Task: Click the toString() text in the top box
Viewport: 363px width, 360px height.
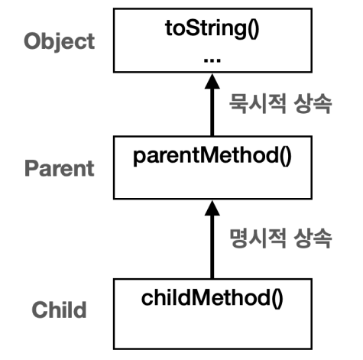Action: tap(212, 28)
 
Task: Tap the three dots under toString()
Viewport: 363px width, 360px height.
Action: tap(212, 60)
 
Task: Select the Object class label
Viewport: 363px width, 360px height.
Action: tap(60, 41)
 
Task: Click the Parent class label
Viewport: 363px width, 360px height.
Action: tap(60, 168)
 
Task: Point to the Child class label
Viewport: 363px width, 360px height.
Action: tap(60, 310)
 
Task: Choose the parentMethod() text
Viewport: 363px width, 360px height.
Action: tap(212, 156)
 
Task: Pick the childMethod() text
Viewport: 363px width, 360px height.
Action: tap(212, 298)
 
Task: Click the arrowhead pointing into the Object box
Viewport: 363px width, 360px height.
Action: tap(212, 82)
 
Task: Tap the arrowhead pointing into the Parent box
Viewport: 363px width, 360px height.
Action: tap(212, 208)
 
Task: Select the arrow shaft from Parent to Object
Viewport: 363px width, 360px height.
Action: tap(212, 112)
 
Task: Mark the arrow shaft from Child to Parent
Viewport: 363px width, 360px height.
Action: tap(212, 247)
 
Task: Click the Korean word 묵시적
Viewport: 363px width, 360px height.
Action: tap(258, 104)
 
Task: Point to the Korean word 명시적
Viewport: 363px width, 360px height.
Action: tap(258, 238)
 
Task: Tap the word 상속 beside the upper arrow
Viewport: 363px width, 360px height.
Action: tap(313, 104)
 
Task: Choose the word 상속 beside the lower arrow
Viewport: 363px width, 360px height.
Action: tap(313, 238)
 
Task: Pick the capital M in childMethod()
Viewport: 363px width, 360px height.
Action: tap(201, 297)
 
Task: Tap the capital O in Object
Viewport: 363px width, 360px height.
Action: tap(32, 41)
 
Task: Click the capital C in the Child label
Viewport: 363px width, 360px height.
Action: tap(40, 310)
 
